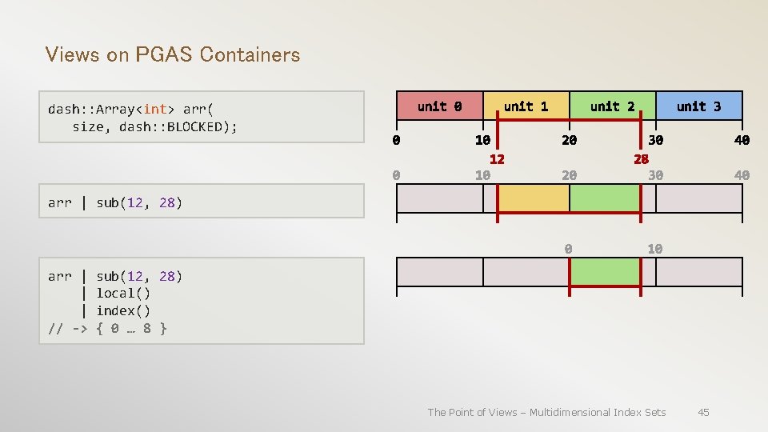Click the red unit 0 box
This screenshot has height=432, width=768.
tap(439, 106)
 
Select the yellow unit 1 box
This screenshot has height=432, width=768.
tap(526, 106)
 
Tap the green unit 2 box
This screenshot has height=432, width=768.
tap(612, 106)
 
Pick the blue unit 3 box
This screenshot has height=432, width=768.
tap(698, 106)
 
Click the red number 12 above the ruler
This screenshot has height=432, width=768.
tap(497, 158)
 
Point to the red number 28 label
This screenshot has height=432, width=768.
tap(641, 158)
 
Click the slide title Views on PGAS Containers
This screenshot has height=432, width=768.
tap(173, 54)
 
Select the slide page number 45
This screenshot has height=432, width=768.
tap(703, 412)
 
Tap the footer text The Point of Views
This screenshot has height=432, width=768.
tap(546, 412)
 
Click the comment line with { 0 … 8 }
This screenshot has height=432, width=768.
tap(107, 328)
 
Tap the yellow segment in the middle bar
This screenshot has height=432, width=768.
tap(534, 198)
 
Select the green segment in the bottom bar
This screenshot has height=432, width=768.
tap(606, 272)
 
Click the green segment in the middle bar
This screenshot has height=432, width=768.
tap(606, 198)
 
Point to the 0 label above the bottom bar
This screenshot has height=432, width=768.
tap(568, 248)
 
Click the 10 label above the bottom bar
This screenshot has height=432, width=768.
tap(654, 248)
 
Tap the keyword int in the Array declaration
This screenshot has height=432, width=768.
tap(155, 109)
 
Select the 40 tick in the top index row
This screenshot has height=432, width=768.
tap(742, 140)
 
